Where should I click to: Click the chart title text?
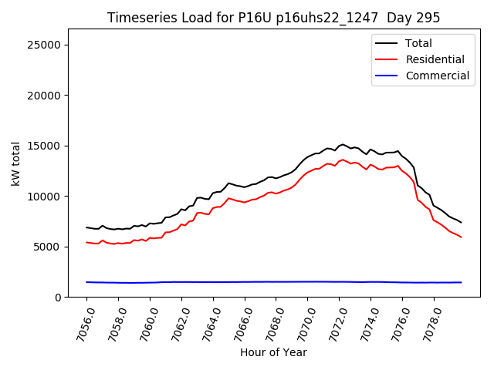[273, 18]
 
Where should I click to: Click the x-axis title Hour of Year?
[273, 353]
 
